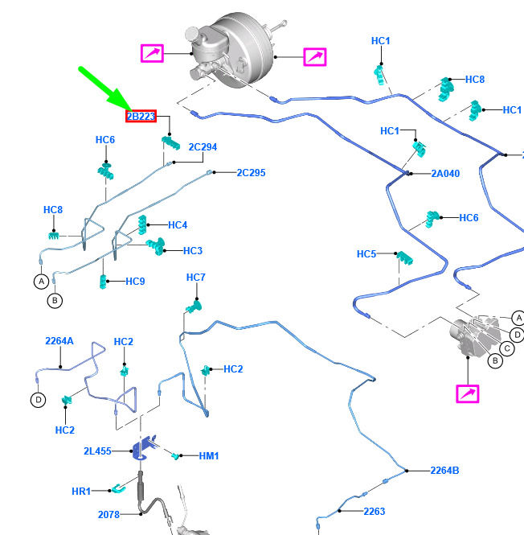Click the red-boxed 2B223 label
pyautogui.click(x=141, y=117)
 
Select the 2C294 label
pyautogui.click(x=203, y=147)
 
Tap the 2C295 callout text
pyautogui.click(x=251, y=173)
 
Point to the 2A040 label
pyautogui.click(x=445, y=173)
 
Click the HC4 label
pyautogui.click(x=178, y=225)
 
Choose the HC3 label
pyautogui.click(x=192, y=250)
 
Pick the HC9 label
pyautogui.click(x=135, y=282)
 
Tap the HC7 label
pyautogui.click(x=196, y=278)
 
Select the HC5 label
pyautogui.click(x=366, y=254)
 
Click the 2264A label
pyautogui.click(x=59, y=341)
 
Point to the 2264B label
pyautogui.click(x=444, y=471)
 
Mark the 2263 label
pyautogui.click(x=375, y=511)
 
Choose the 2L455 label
pyautogui.click(x=97, y=451)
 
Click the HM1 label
pyautogui.click(x=209, y=456)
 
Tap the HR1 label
pyautogui.click(x=81, y=491)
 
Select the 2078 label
pyautogui.click(x=108, y=514)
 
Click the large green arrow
pyautogui.click(x=103, y=90)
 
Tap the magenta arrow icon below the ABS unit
pyautogui.click(x=468, y=394)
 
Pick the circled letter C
pyautogui.click(x=507, y=348)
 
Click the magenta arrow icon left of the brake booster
pyautogui.click(x=152, y=54)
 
